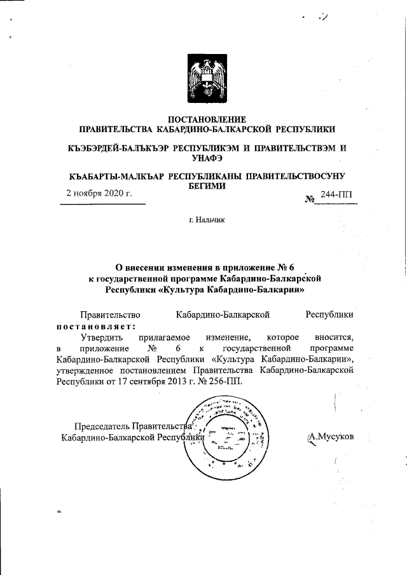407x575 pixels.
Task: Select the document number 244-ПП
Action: click(339, 196)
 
